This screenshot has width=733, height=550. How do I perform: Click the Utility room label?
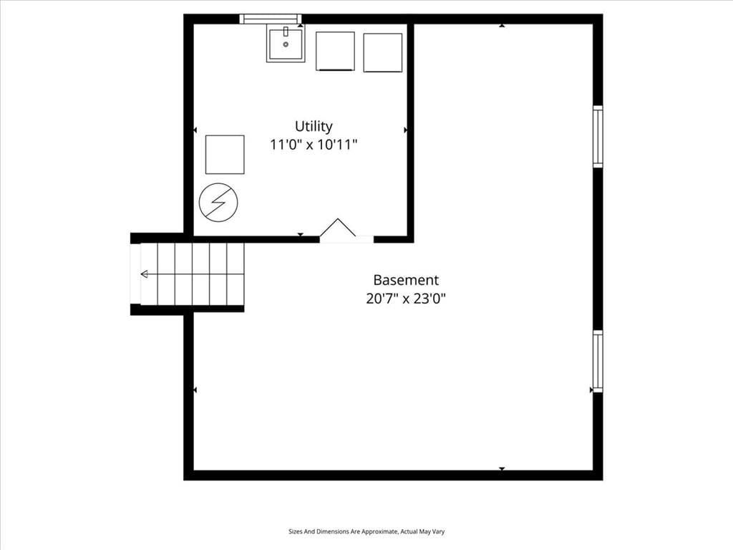pyautogui.click(x=314, y=126)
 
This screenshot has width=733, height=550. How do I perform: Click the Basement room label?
pyautogui.click(x=406, y=280)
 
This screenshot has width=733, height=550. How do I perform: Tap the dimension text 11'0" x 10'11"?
pyautogui.click(x=314, y=145)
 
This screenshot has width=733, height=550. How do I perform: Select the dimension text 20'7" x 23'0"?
pyautogui.click(x=406, y=299)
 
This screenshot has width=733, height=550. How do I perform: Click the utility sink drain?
pyautogui.click(x=286, y=44)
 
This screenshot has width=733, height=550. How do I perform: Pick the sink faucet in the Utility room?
pyautogui.click(x=286, y=32)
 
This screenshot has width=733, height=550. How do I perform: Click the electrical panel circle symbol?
pyautogui.click(x=218, y=202)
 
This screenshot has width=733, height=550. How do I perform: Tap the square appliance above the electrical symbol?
pyautogui.click(x=225, y=155)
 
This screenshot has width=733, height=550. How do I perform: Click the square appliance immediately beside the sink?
pyautogui.click(x=335, y=51)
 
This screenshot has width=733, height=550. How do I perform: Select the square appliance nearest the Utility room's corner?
pyautogui.click(x=383, y=52)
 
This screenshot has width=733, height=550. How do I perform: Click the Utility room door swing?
pyautogui.click(x=338, y=227)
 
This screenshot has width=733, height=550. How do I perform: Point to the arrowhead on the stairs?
pyautogui.click(x=144, y=274)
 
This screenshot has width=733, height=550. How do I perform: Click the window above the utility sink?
pyautogui.click(x=271, y=19)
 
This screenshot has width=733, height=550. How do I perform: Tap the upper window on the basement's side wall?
pyautogui.click(x=598, y=137)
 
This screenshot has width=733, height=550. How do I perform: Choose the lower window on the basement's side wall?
pyautogui.click(x=598, y=361)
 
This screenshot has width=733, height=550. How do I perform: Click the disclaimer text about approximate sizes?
pyautogui.click(x=366, y=532)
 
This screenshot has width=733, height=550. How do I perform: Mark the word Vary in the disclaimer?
pyautogui.click(x=439, y=532)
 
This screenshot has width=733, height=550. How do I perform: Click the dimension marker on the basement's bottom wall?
pyautogui.click(x=502, y=468)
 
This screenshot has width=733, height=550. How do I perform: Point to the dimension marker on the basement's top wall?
pyautogui.click(x=502, y=26)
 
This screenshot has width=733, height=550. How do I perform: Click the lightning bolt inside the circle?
pyautogui.click(x=218, y=202)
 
